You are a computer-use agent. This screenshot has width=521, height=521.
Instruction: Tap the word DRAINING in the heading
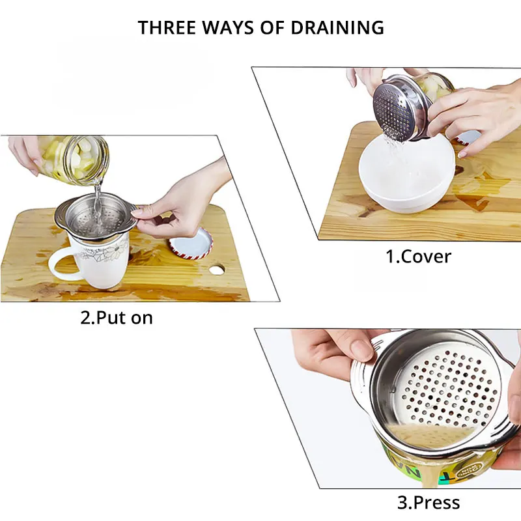pyautogui.click(x=337, y=27)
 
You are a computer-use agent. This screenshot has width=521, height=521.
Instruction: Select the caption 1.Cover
pyautogui.click(x=418, y=257)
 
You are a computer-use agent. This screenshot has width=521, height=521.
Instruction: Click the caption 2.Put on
pyautogui.click(x=117, y=318)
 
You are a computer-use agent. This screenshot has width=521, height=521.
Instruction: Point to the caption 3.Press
pyautogui.click(x=429, y=502)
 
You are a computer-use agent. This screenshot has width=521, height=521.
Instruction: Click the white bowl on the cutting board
pyautogui.click(x=406, y=173)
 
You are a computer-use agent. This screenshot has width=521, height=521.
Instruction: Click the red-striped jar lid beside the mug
pyautogui.click(x=191, y=243)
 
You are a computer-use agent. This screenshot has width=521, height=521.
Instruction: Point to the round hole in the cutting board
pyautogui.click(x=217, y=270)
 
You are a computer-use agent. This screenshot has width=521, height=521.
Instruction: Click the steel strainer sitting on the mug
pyautogui.click(x=96, y=216)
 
